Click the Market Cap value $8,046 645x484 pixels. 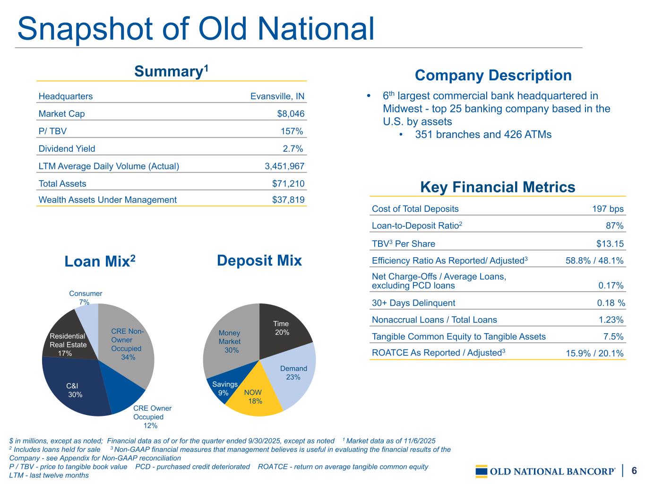(291, 114)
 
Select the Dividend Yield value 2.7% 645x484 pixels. (292, 149)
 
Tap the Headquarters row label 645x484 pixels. (66, 96)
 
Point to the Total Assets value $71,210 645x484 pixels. (288, 183)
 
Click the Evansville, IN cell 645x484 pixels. (277, 96)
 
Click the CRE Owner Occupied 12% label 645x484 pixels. (152, 417)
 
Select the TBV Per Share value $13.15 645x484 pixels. (610, 244)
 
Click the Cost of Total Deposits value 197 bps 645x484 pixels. (608, 209)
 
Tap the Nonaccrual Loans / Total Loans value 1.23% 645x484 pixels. (611, 320)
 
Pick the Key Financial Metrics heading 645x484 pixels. (498, 187)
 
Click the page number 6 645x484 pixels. (634, 471)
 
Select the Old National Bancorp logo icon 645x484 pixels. (482, 471)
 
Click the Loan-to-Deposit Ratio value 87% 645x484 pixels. (614, 226)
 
